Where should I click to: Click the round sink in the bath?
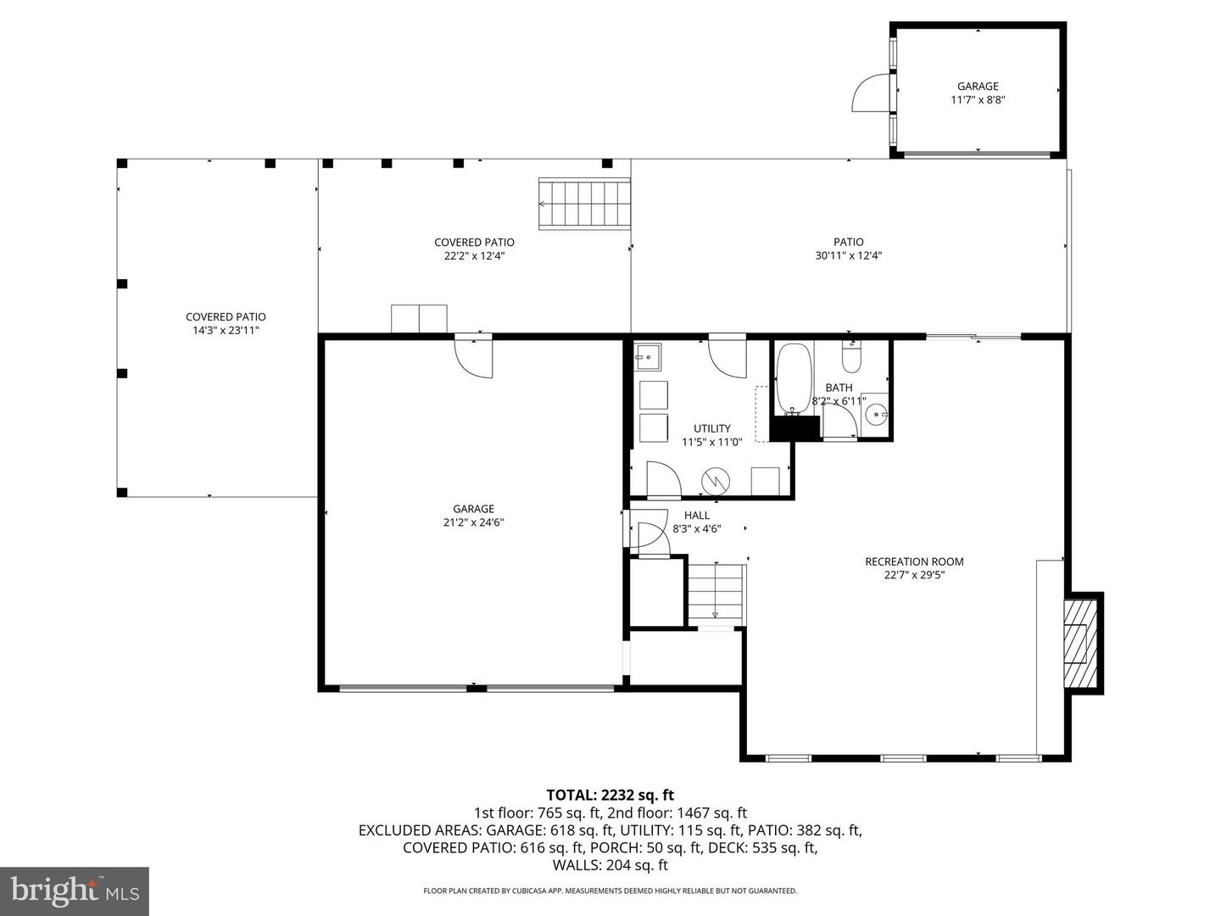point(876,416)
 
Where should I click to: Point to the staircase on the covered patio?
point(585,204)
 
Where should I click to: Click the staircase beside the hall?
point(715,594)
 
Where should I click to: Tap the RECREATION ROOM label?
point(914,561)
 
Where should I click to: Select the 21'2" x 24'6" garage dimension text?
point(473,522)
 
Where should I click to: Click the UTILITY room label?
point(711,428)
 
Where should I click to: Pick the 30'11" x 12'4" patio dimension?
point(848,255)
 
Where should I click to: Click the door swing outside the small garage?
point(868,94)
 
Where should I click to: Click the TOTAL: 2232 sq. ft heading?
point(610,795)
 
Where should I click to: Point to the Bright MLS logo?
point(75,891)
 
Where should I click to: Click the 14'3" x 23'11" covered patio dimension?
point(226,330)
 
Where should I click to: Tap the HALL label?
point(697,515)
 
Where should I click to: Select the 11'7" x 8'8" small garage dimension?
point(978,99)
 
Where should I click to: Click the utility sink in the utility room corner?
point(648,357)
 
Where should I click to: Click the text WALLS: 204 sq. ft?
point(610,865)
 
